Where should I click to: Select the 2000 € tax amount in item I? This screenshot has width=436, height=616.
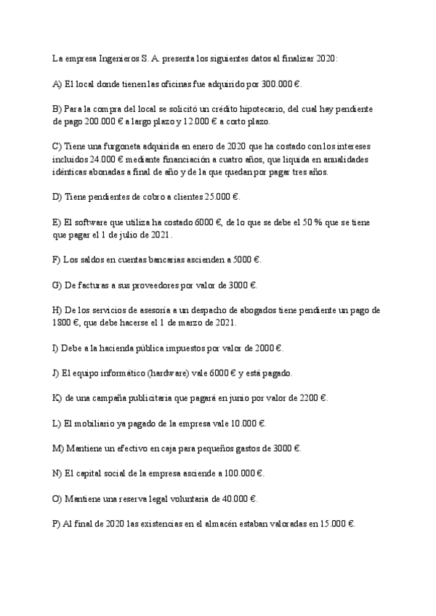point(266,348)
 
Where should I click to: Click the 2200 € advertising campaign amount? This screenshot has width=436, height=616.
point(312,398)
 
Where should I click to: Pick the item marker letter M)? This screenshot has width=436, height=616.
point(58,448)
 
